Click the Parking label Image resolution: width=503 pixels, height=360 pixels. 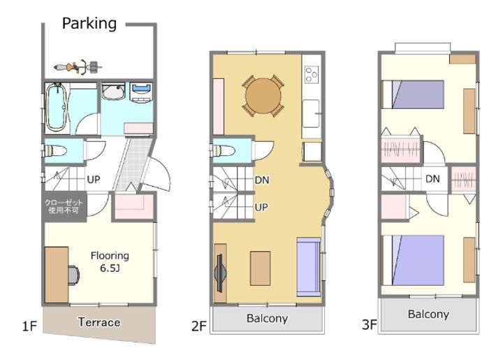[x=89, y=24]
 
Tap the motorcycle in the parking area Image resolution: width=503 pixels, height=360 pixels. [x=78, y=67]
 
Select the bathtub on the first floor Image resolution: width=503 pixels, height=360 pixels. [x=57, y=108]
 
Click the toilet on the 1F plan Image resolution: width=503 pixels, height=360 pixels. [x=55, y=150]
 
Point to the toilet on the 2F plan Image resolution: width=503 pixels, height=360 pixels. [x=224, y=150]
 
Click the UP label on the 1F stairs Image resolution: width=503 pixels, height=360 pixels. [x=94, y=180]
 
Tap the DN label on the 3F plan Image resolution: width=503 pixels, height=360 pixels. [x=432, y=179]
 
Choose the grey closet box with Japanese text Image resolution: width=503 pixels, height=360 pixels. [x=64, y=207]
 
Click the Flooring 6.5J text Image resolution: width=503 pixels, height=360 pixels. [x=110, y=261]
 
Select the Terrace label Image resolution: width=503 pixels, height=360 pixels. [x=99, y=322]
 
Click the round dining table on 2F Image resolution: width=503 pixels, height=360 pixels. [x=263, y=96]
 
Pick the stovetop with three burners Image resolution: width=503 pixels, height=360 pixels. [x=312, y=74]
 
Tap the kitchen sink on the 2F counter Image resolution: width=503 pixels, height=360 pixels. [x=311, y=113]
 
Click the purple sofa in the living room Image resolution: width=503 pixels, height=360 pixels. [x=309, y=267]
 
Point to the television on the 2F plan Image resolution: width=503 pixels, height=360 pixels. [x=220, y=273]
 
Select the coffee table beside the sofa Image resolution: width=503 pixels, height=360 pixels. [x=260, y=268]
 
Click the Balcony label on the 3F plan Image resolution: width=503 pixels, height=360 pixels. [x=428, y=314]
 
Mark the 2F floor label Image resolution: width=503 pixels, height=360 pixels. [x=199, y=326]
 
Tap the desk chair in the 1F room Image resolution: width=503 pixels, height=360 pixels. [x=74, y=275]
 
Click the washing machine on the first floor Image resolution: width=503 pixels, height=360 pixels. [x=141, y=92]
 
